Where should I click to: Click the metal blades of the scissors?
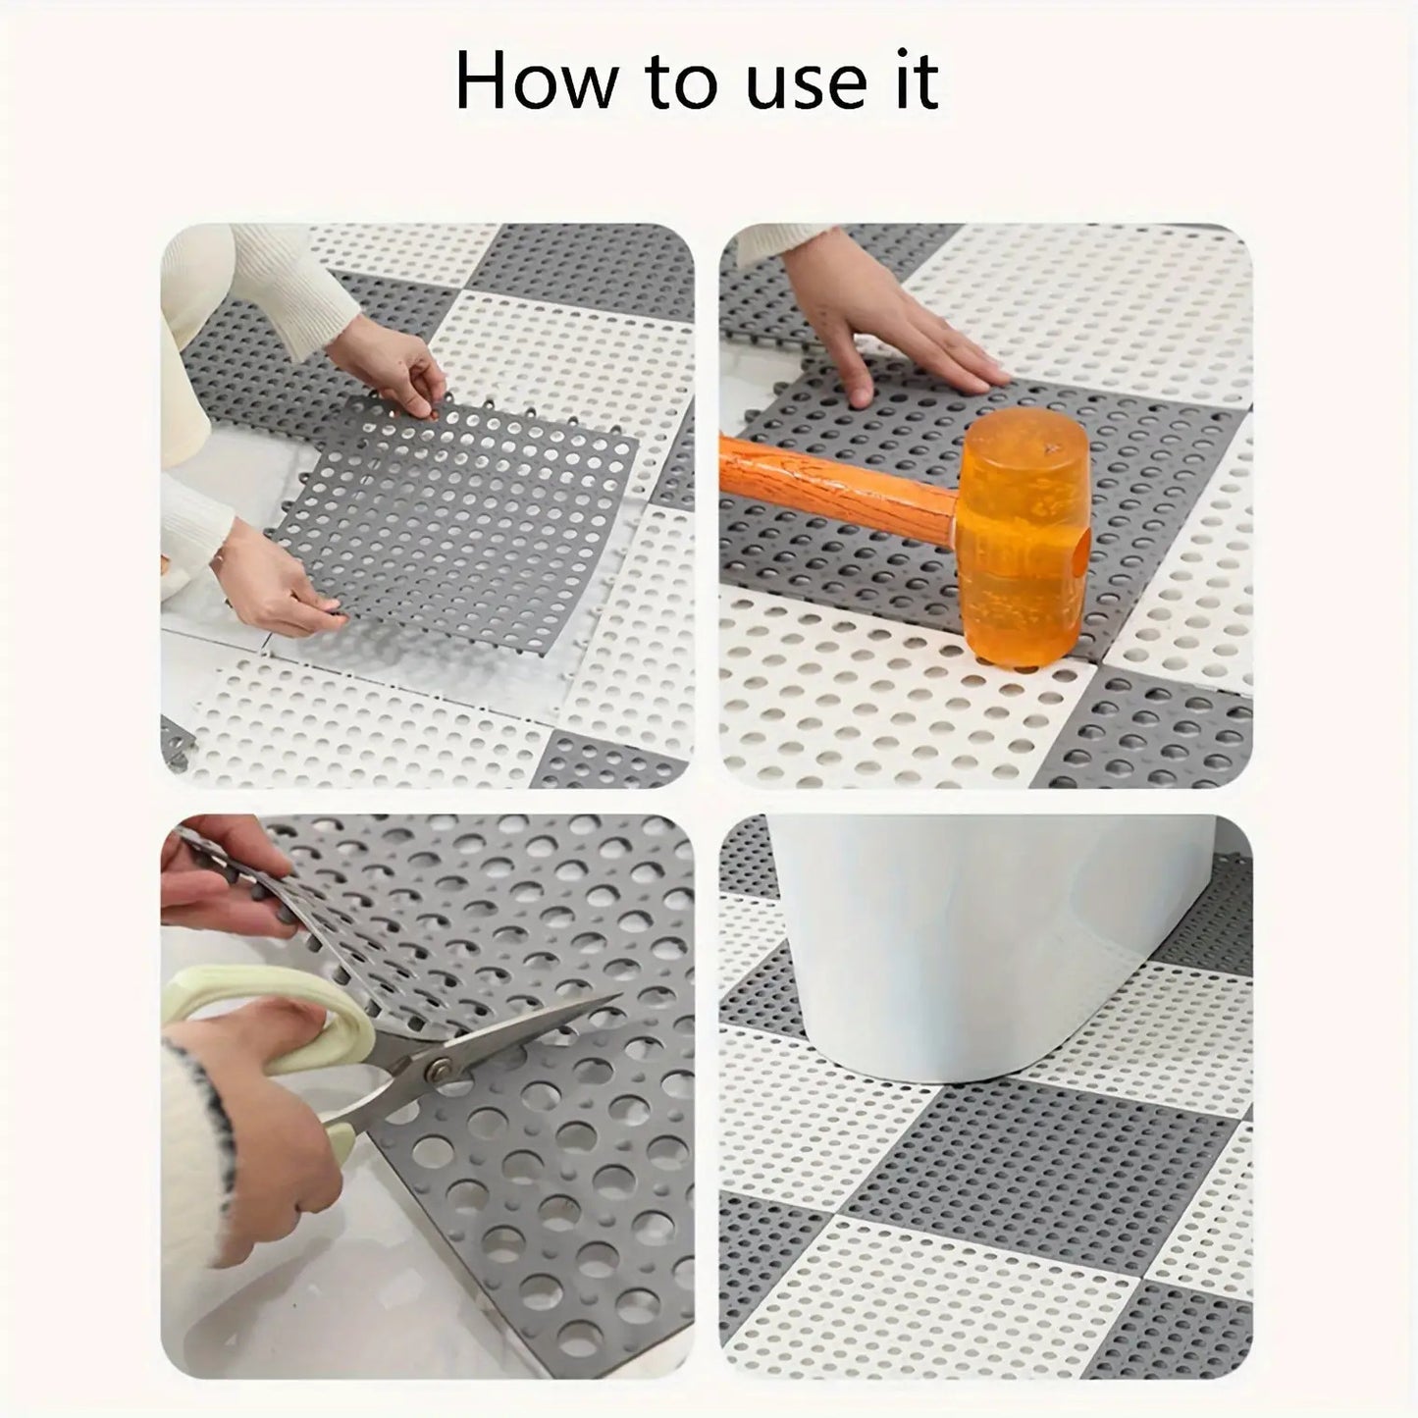491,1050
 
